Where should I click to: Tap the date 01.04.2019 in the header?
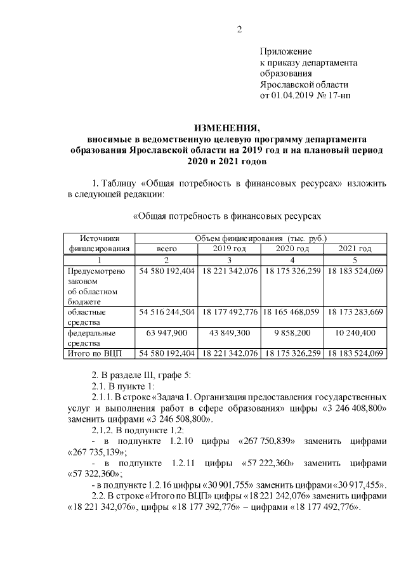point(294,96)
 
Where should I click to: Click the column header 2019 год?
point(230,248)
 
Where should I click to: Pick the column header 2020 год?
point(292,248)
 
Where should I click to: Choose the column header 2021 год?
point(354,248)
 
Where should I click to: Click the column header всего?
point(166,248)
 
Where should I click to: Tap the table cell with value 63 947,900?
point(166,332)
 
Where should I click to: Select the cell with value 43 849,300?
point(230,332)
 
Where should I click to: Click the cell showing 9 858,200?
point(292,332)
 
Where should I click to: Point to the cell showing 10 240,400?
point(354,332)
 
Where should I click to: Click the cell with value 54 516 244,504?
point(166,311)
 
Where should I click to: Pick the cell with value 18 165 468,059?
point(292,311)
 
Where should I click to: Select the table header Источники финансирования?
point(100,243)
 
